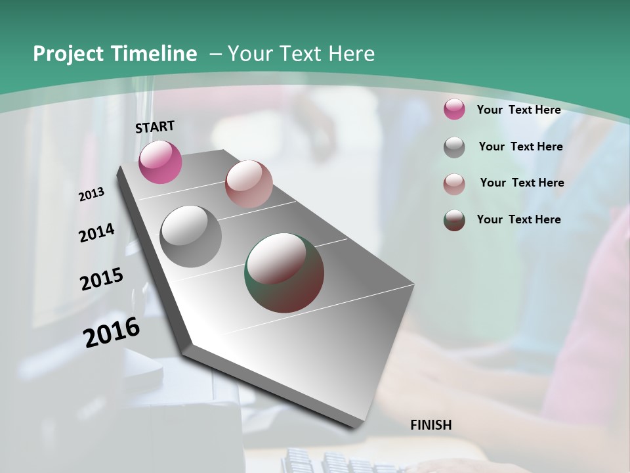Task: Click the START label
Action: [155, 127]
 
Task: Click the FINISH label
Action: [430, 425]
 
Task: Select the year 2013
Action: [92, 194]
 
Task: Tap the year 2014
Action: [96, 233]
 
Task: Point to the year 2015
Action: [102, 279]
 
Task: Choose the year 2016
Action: [112, 332]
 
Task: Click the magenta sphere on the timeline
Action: [160, 162]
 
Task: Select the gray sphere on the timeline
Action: [190, 236]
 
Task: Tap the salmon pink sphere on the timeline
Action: [249, 184]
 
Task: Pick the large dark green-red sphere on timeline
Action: [284, 273]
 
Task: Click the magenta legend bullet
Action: [454, 110]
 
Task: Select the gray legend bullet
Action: [454, 147]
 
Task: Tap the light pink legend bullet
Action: [454, 183]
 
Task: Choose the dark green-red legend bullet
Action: [454, 220]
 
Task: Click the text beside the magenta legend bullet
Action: [518, 110]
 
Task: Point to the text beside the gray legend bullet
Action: [520, 146]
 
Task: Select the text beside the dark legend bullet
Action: [518, 219]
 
